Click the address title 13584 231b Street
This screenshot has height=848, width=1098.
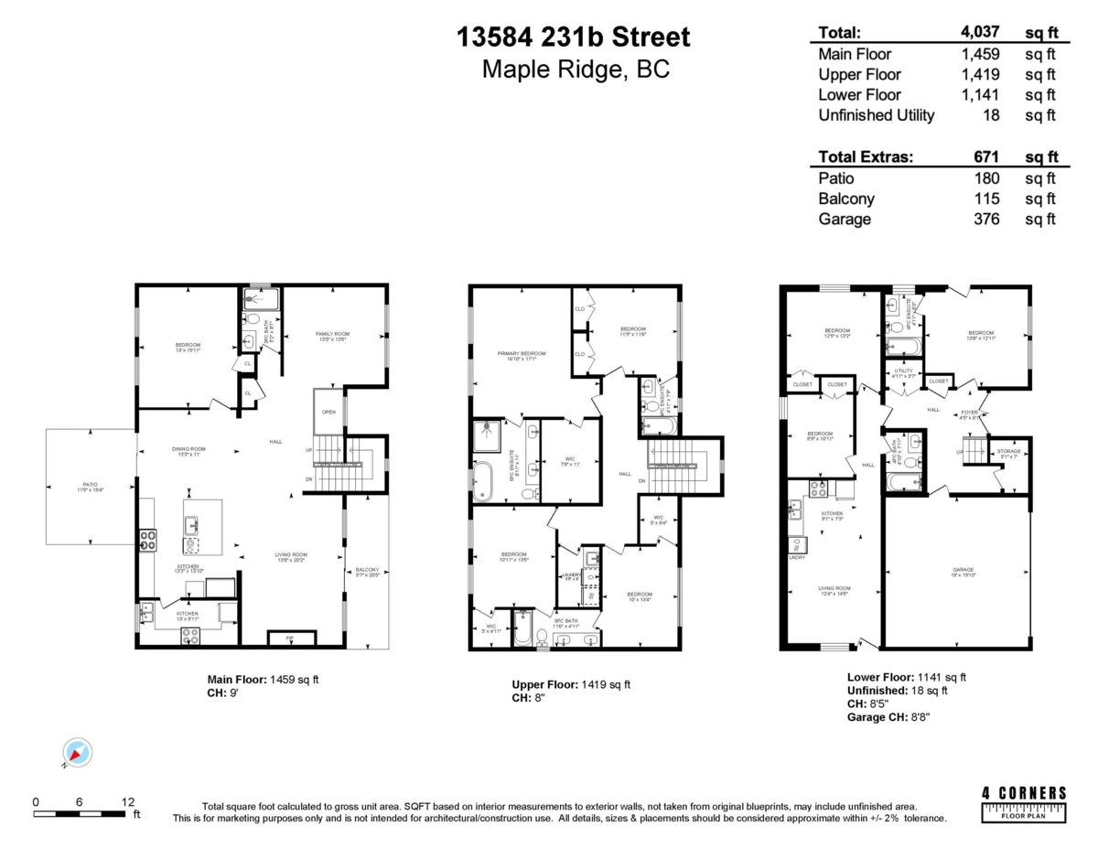pos(574,38)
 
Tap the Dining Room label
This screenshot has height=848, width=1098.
pos(188,450)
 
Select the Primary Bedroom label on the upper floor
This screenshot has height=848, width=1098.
pos(522,355)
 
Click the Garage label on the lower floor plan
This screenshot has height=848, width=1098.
pos(963,570)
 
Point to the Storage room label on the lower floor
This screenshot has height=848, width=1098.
pos(1008,453)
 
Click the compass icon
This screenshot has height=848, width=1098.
pos(78,753)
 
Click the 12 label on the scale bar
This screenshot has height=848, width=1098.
pos(126,801)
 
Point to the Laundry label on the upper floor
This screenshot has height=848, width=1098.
pos(569,575)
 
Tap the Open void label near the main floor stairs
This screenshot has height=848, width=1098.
pos(328,412)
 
